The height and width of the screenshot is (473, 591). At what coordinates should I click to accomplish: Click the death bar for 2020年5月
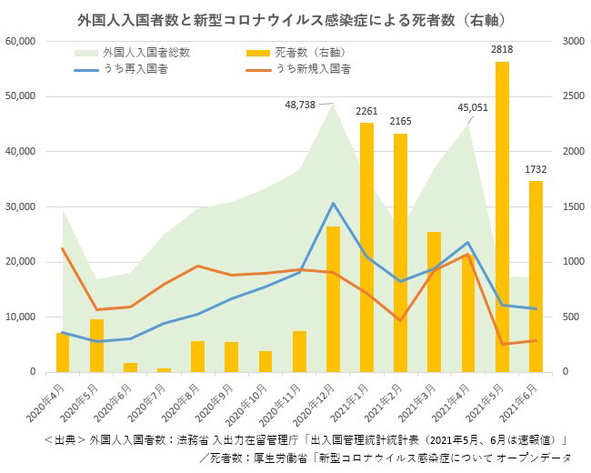96,345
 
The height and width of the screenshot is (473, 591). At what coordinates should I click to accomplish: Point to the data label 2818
502,50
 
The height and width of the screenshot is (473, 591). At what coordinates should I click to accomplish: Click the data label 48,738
300,105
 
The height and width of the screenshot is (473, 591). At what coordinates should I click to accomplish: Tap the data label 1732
536,169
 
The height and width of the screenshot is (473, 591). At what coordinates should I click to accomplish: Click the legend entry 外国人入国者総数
146,53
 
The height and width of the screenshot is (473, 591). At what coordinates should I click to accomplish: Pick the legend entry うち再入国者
134,68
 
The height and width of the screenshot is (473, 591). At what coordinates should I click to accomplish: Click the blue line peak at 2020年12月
333,203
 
